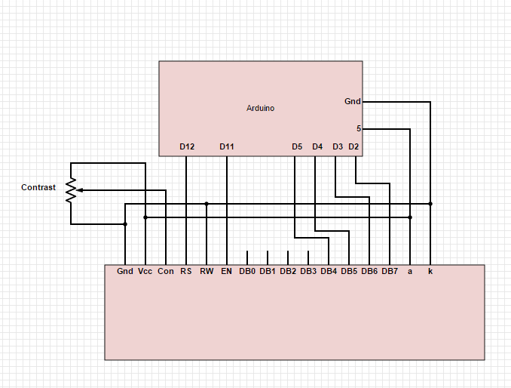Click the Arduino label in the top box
tap(261, 108)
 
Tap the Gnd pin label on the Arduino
tap(352, 101)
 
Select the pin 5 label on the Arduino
tap(359, 128)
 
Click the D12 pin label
tap(187, 146)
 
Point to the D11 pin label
tap(227, 146)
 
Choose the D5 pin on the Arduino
tap(297, 146)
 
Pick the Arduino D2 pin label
tap(353, 146)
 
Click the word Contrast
tap(38, 187)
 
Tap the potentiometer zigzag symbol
tap(71, 190)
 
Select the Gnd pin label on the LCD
tap(125, 271)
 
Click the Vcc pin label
tap(145, 271)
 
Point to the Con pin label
tap(166, 271)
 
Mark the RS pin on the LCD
tap(186, 271)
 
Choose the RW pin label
tap(207, 271)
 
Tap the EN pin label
tap(227, 271)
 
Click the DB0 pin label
tap(247, 271)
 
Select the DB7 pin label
tap(390, 271)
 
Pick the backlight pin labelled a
tap(410, 271)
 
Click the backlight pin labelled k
tap(430, 271)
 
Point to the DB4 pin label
tap(329, 271)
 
